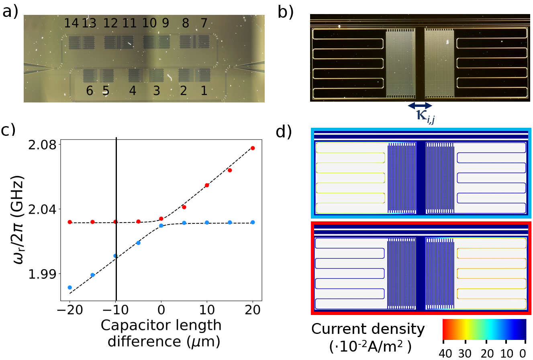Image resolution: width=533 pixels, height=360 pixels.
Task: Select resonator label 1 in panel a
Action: tap(204, 91)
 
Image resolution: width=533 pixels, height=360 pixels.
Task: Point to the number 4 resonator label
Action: tap(133, 91)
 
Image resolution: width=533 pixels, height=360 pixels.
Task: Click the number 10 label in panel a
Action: tap(149, 24)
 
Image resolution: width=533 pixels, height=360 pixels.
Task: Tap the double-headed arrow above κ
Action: tap(420, 106)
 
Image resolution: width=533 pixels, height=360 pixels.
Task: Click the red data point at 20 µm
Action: tap(253, 148)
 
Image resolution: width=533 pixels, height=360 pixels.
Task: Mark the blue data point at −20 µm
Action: tap(70, 287)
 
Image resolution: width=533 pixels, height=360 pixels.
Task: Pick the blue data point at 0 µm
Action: tap(161, 226)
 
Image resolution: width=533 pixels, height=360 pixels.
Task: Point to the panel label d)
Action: tap(285, 132)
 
